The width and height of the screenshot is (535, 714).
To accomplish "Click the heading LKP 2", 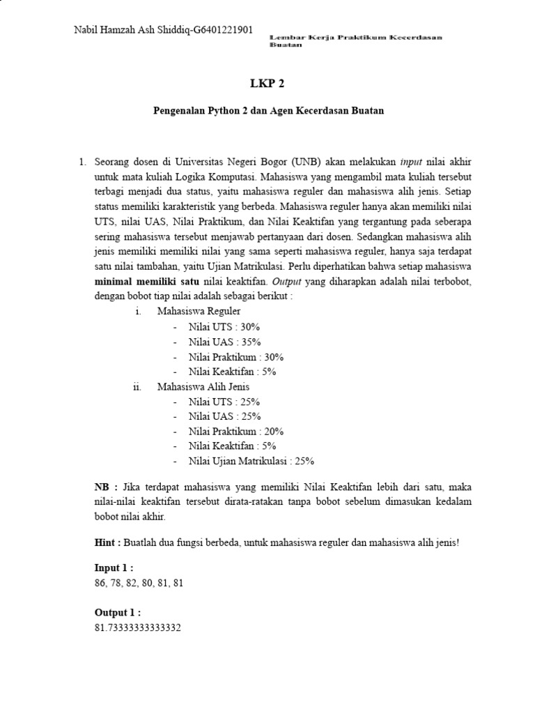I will coord(267,84).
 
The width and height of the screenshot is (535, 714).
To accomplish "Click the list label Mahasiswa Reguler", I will coord(199,311).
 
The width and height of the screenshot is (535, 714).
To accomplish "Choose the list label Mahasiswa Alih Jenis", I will coord(203,386).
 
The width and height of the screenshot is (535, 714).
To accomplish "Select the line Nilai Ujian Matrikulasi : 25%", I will coord(251,461).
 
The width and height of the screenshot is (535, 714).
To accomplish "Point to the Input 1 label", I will coord(114,568).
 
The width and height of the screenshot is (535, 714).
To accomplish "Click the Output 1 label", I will coord(117,612).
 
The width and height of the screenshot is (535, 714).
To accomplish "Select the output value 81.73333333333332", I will coord(138,628).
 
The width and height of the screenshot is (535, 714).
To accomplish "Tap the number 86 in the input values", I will coord(101,583).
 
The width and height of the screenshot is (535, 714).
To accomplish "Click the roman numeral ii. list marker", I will coord(137,386).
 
